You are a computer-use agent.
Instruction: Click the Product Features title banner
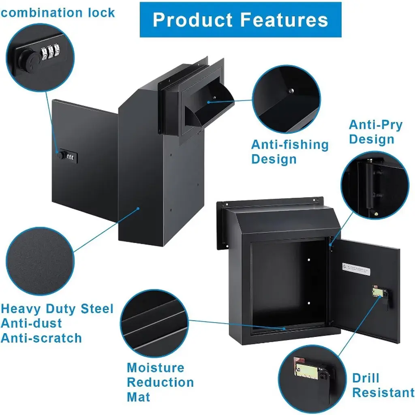coord(240,19)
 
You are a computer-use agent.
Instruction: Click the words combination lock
coord(58,12)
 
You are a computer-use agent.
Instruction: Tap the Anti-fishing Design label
coord(289,152)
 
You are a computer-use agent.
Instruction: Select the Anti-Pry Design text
coord(375,132)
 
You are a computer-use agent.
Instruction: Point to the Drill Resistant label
coord(383,385)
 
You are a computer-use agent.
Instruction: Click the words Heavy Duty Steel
coord(57,309)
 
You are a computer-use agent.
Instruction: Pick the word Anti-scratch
coord(41,338)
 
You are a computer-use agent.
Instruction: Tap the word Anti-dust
coord(31,323)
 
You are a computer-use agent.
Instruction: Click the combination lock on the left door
coord(67,156)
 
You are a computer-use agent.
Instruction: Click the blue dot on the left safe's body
coord(138,209)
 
